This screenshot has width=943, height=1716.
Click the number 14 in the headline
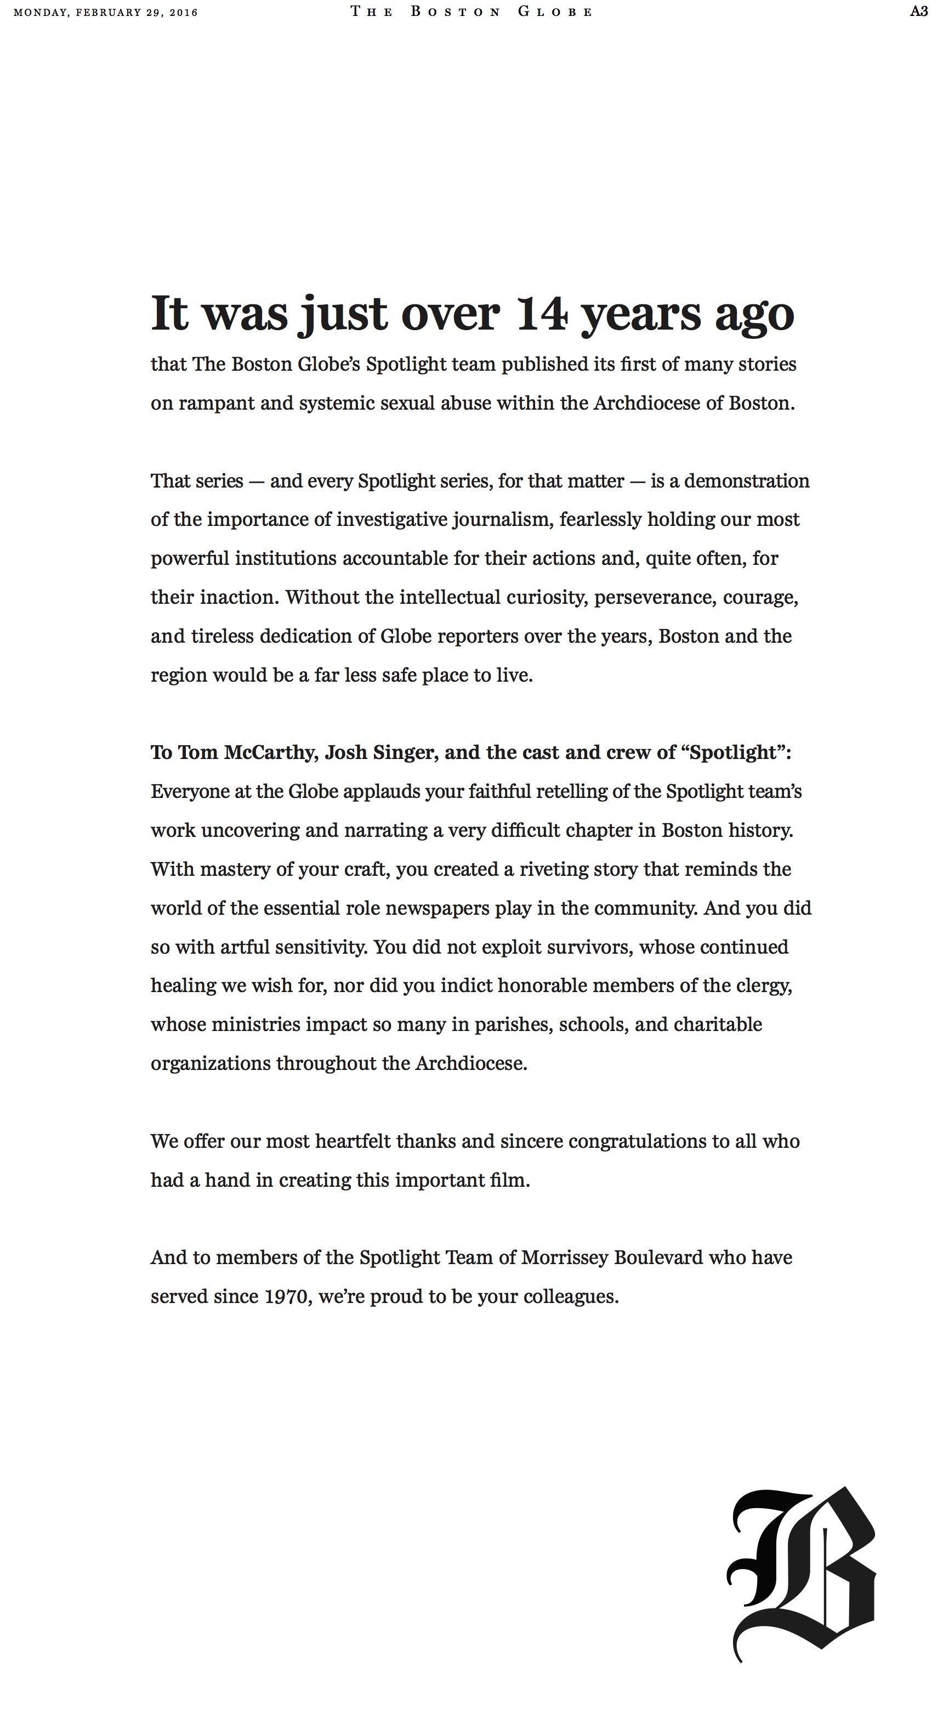pos(542,313)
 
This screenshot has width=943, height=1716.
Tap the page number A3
pos(919,12)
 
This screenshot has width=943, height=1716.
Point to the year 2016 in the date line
pos(184,13)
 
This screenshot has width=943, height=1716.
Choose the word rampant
pos(216,404)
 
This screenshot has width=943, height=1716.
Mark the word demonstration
pos(747,481)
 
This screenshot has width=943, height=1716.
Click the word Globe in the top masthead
pos(555,12)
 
